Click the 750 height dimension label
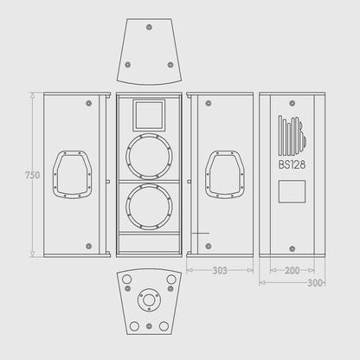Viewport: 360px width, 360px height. (31, 175)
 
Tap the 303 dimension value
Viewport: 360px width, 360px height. (220, 270)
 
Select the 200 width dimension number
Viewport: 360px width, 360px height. (292, 270)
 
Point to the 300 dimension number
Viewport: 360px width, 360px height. (315, 282)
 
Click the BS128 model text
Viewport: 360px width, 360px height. (292, 165)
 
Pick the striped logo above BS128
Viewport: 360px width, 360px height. (292, 135)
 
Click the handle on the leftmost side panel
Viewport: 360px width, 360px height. (73, 174)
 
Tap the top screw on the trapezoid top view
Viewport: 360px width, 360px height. (149, 28)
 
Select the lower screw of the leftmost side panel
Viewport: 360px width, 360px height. (88, 246)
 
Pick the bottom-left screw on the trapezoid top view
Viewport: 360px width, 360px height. (127, 65)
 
